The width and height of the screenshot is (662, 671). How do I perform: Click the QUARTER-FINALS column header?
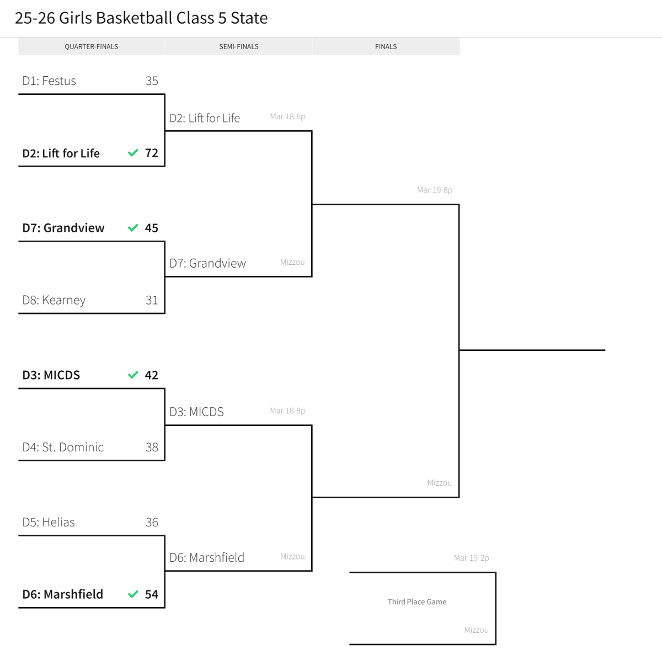point(91,47)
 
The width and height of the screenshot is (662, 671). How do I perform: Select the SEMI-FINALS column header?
point(238,47)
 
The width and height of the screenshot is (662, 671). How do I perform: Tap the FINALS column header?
point(386,47)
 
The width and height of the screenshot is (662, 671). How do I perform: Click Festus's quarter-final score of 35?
point(152,81)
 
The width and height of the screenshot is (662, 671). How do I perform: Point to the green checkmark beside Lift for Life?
point(133,153)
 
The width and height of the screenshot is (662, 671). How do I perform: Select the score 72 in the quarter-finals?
point(152,153)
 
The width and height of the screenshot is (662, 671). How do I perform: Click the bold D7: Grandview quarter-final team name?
point(63,228)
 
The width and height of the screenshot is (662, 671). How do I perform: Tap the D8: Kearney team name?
point(54,300)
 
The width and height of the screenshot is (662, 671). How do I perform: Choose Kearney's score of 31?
point(152,300)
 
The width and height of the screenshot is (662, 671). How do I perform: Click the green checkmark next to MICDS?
point(133,375)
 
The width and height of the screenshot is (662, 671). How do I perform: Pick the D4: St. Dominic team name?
point(63,448)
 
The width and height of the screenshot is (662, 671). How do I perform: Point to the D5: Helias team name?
point(49,523)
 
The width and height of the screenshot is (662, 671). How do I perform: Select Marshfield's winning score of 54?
point(152,594)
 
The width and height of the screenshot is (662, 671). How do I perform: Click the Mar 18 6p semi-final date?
point(287,116)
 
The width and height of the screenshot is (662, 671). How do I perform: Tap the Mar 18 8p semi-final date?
point(287,411)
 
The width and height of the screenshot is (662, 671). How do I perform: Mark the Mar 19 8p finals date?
point(435,190)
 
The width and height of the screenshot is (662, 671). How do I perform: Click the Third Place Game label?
point(417,602)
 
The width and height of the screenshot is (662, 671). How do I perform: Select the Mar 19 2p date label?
point(472,558)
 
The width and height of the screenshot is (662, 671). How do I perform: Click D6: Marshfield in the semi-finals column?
point(207,558)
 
